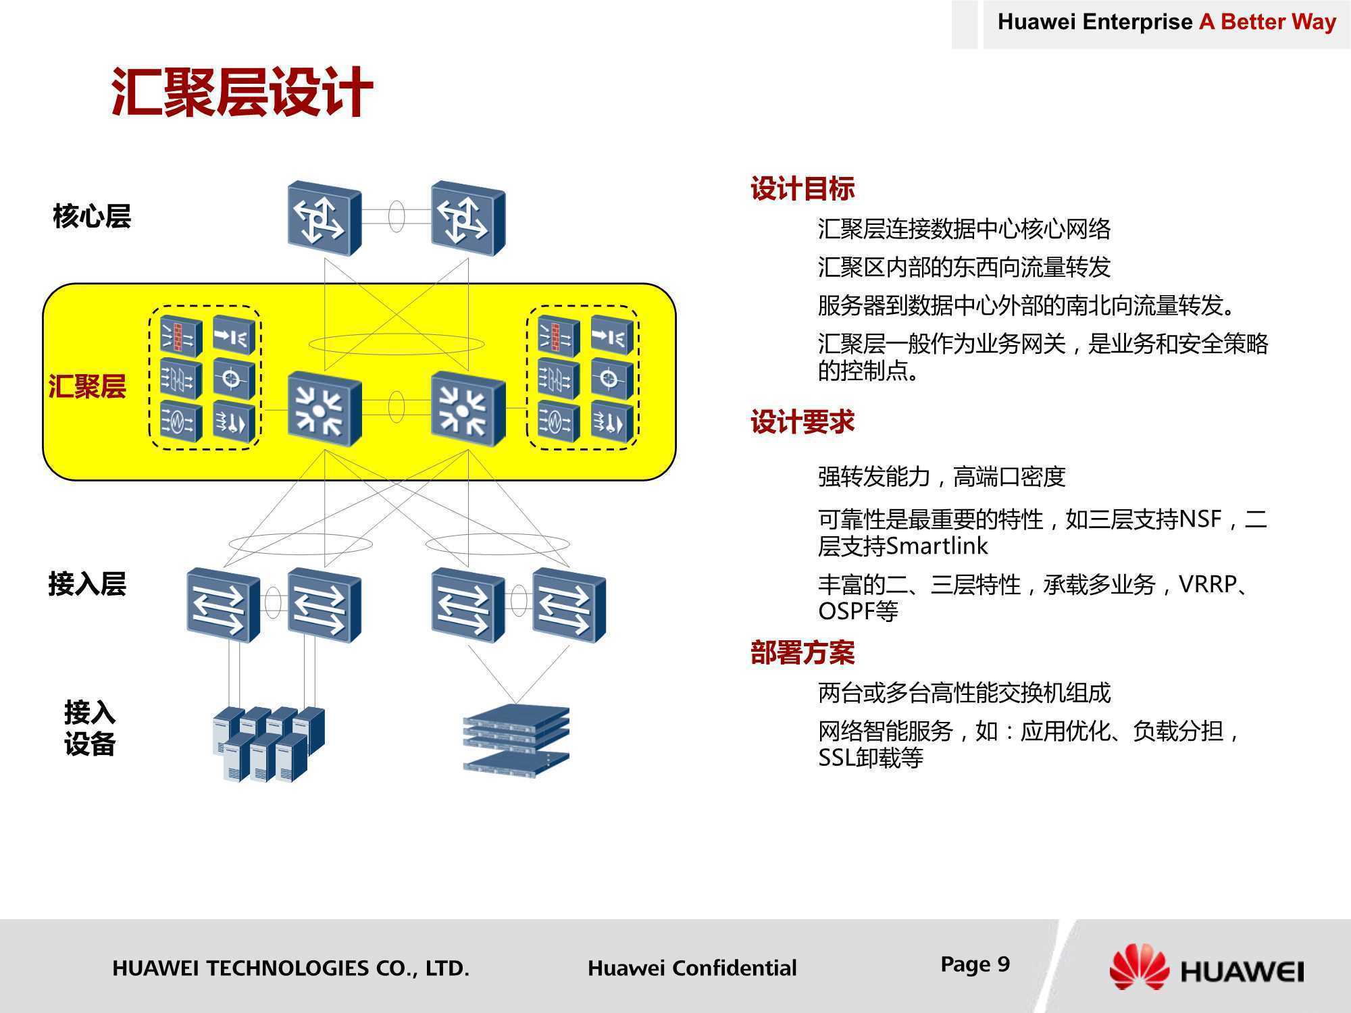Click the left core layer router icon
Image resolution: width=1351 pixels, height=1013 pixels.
pyautogui.click(x=324, y=218)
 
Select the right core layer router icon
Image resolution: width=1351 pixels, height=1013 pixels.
pyautogui.click(x=468, y=218)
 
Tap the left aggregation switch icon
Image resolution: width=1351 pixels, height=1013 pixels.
pyautogui.click(x=324, y=409)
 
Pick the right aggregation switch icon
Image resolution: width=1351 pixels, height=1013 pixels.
pyautogui.click(x=468, y=409)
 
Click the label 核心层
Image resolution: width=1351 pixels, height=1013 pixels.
pyautogui.click(x=92, y=216)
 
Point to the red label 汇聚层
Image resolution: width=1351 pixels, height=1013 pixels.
pyautogui.click(x=87, y=387)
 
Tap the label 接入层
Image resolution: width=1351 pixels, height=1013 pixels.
pyautogui.click(x=87, y=583)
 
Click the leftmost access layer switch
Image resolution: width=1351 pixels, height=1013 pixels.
pyautogui.click(x=223, y=605)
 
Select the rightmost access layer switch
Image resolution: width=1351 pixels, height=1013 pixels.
pyautogui.click(x=569, y=605)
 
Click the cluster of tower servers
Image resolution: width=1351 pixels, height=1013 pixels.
pyautogui.click(x=269, y=744)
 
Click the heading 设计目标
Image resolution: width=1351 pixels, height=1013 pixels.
pyautogui.click(x=802, y=188)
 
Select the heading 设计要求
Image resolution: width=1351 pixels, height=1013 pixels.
pyautogui.click(x=802, y=422)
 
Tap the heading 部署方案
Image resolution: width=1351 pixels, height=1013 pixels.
pyautogui.click(x=802, y=652)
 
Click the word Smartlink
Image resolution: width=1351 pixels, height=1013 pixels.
pyautogui.click(x=936, y=546)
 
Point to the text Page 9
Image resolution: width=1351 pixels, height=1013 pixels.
pyautogui.click(x=975, y=964)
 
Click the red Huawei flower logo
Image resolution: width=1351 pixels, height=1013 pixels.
pyautogui.click(x=1140, y=967)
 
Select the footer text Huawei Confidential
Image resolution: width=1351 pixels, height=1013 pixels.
pyautogui.click(x=692, y=968)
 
